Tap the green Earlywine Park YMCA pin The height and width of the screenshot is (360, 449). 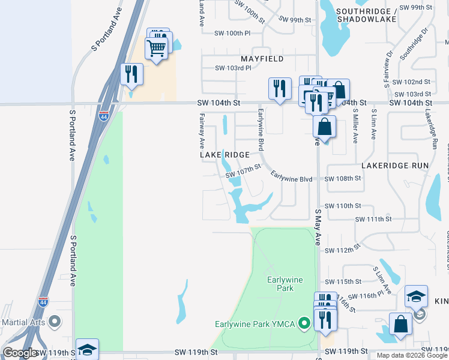pyautogui.click(x=304, y=325)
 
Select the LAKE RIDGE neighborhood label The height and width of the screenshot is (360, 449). pyautogui.click(x=224, y=155)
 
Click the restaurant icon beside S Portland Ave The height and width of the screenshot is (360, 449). pyautogui.click(x=131, y=74)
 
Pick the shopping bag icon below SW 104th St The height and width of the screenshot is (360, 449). pyautogui.click(x=324, y=127)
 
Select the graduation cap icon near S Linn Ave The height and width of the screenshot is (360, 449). pyautogui.click(x=416, y=296)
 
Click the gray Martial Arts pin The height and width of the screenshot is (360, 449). pyautogui.click(x=55, y=322)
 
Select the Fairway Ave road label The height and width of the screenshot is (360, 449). pyautogui.click(x=202, y=131)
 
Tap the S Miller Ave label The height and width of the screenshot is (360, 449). pyautogui.click(x=355, y=125)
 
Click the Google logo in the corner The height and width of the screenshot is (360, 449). pyautogui.click(x=20, y=353)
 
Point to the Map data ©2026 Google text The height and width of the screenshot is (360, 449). pyautogui.click(x=412, y=355)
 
